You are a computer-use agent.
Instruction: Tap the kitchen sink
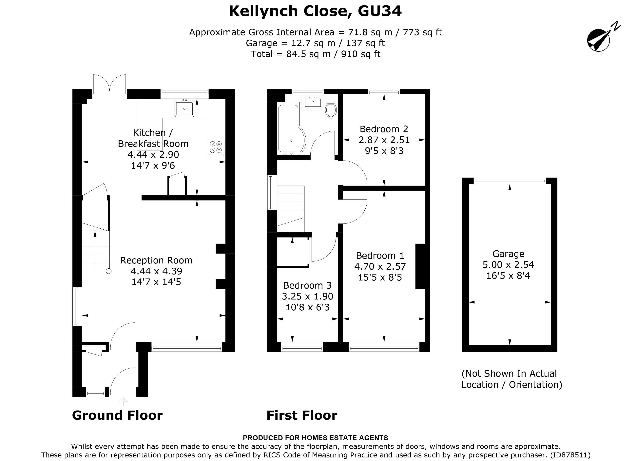pos(184,109)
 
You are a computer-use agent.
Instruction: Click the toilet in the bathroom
pos(331,111)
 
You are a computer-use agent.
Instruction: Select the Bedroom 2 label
pos(384,129)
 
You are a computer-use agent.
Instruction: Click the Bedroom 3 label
pos(307,285)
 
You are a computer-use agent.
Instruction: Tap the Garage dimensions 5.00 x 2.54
pos(508,264)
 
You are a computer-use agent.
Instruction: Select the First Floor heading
pos(302,415)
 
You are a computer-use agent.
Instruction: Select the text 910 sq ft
pos(361,54)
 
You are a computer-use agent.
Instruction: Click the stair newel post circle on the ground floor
pos(109,271)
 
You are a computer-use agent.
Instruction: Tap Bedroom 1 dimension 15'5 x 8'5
pos(380,277)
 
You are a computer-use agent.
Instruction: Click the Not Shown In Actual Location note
pos(511,379)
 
